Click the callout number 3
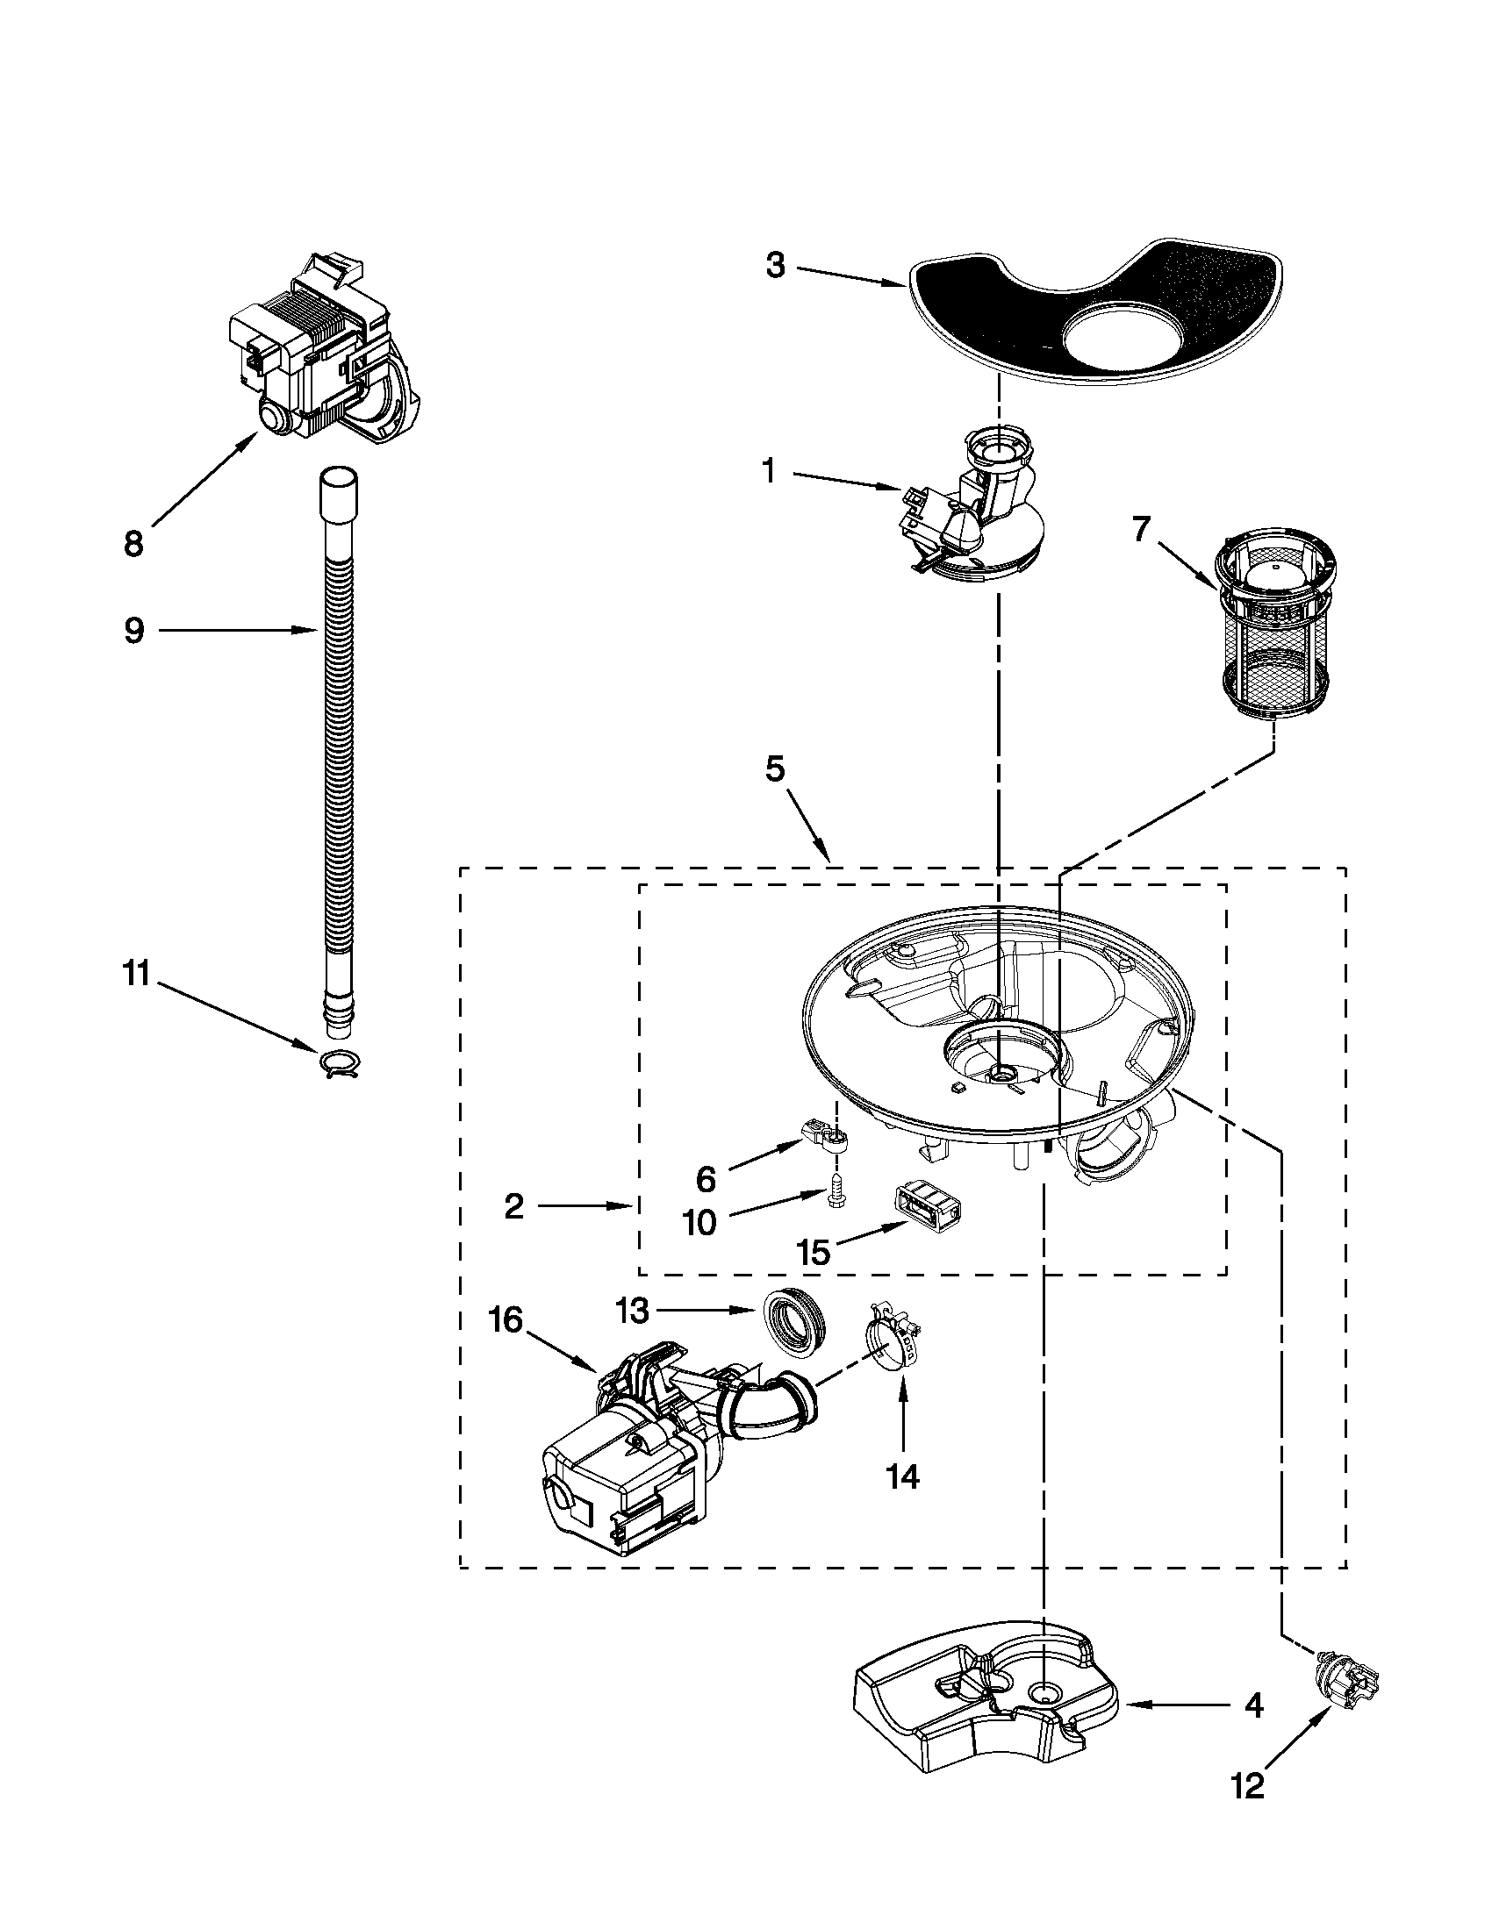point(775,265)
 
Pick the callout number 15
point(814,1250)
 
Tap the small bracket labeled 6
point(824,1136)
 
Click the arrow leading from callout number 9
point(239,630)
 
